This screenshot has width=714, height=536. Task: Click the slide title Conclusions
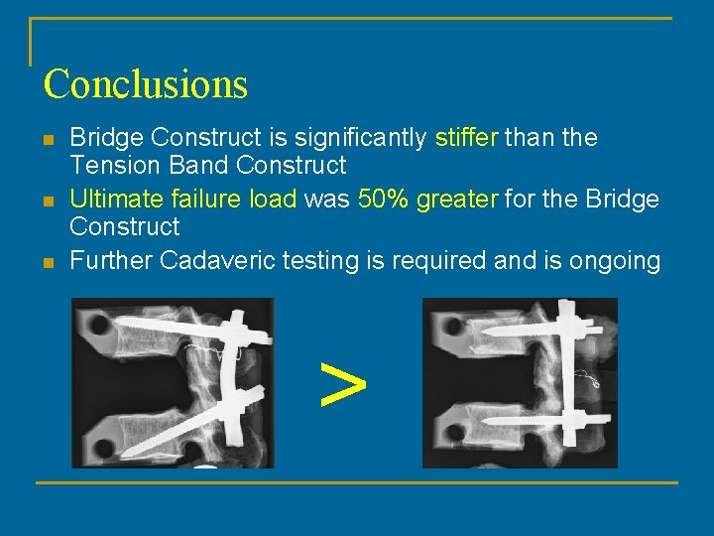point(145,83)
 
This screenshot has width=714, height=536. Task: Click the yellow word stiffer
point(467,138)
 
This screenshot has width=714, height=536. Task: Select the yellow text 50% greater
point(428,200)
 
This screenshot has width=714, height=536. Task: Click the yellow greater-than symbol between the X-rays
point(343,383)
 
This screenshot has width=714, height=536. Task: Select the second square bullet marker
point(49,201)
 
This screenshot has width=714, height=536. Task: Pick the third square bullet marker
point(49,262)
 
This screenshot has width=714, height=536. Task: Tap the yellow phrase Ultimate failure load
point(182,200)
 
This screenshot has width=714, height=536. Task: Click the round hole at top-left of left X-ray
point(97,324)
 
